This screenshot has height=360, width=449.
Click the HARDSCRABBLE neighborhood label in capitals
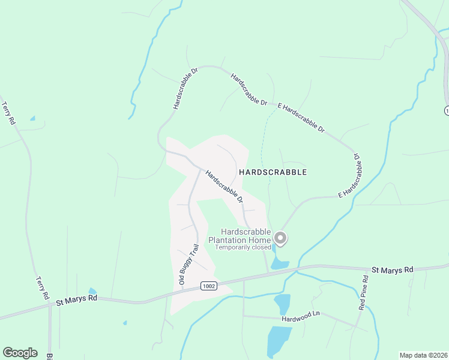tap(273, 172)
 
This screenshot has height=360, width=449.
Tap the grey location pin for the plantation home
tap(280, 239)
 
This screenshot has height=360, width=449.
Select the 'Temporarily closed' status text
tap(243, 247)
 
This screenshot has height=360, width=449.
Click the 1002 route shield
tap(208, 286)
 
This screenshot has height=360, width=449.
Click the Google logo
tap(20, 353)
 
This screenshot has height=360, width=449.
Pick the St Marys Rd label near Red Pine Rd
tap(393, 271)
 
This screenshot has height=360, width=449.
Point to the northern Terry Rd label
tap(8, 112)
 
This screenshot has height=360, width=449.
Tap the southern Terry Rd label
tap(42, 287)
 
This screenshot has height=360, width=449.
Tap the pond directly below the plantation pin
tap(280, 263)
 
